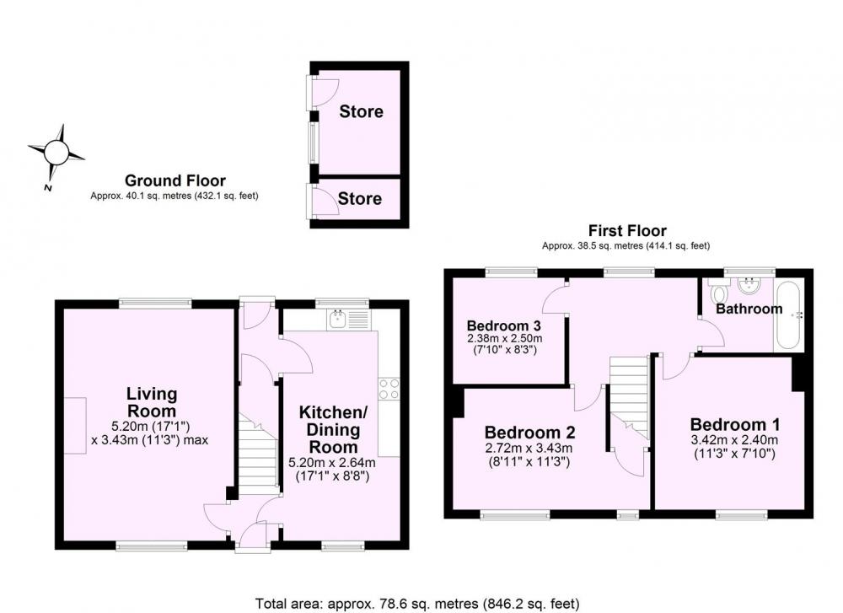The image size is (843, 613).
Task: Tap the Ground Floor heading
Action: (175, 180)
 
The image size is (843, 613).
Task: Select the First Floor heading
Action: (627, 231)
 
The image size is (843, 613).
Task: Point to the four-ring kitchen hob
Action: (389, 390)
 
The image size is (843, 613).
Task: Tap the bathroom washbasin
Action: (749, 285)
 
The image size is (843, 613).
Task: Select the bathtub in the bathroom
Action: (788, 315)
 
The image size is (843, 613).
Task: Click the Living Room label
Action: (152, 402)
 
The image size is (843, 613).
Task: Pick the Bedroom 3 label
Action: (504, 325)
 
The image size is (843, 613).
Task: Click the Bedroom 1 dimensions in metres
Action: (734, 440)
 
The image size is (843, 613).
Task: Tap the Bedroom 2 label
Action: (529, 433)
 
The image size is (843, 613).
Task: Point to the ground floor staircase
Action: (258, 455)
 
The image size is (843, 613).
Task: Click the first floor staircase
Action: (629, 397)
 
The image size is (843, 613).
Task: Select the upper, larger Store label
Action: (362, 112)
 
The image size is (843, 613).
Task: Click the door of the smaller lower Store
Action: (324, 201)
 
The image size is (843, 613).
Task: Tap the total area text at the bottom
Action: (417, 604)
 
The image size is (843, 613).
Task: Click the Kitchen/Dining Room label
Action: (333, 430)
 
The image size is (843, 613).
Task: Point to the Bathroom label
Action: (749, 309)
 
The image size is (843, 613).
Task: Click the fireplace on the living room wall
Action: (75, 426)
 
